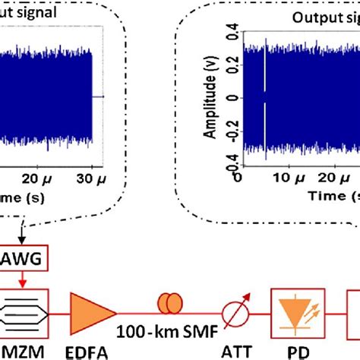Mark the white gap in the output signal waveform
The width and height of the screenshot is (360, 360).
tap(264, 99)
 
